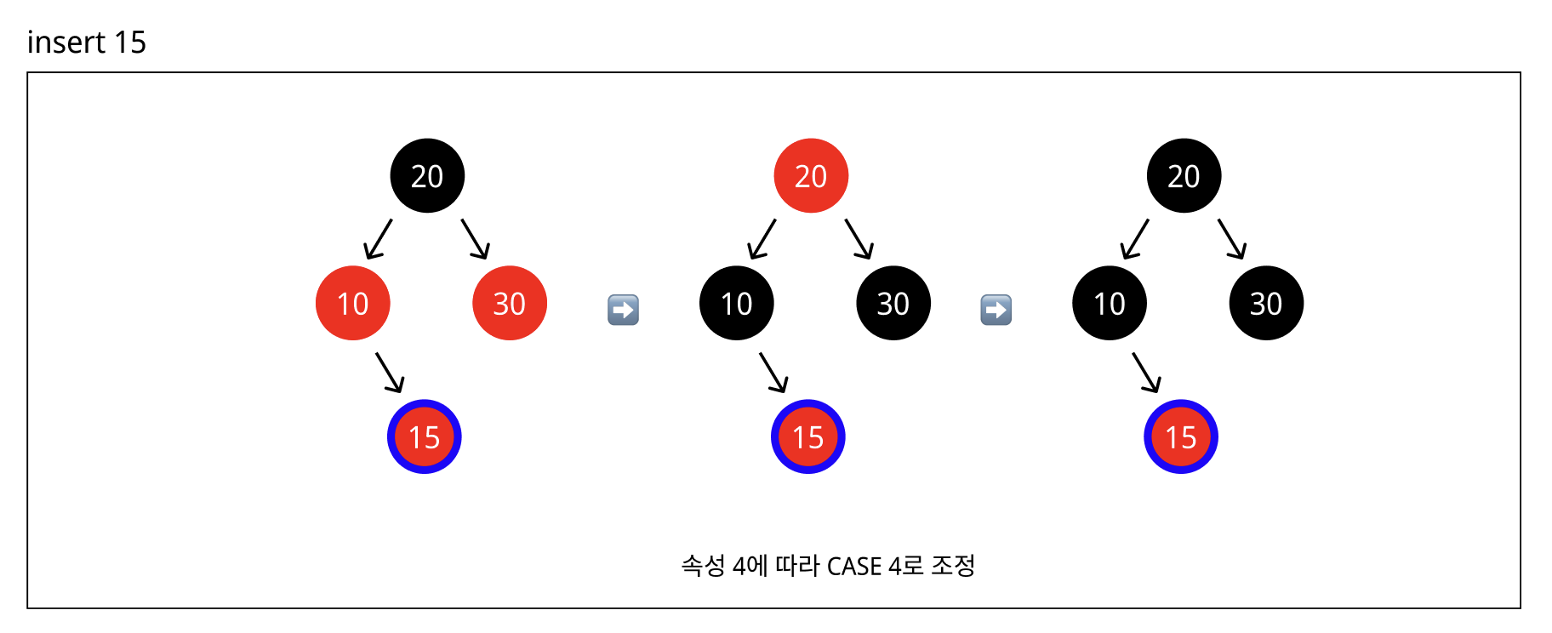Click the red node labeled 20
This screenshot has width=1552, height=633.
pos(811,175)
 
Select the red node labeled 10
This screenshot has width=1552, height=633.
pos(352,303)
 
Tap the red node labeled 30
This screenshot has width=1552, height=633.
pos(510,303)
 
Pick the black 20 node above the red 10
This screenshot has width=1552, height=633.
pos(427,175)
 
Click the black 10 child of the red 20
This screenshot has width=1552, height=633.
pos(737,303)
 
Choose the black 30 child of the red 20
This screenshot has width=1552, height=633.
pos(893,303)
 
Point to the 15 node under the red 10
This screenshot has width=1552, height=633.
pos(424,436)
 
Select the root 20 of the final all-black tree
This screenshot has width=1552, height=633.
pos(1184,175)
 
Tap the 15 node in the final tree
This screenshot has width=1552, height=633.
pos(1181,436)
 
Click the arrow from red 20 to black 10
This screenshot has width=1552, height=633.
pos(762,239)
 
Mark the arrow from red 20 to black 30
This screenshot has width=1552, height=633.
pos(859,239)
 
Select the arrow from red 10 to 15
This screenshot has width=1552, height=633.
pos(390,373)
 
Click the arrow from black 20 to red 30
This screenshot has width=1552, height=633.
pos(476,239)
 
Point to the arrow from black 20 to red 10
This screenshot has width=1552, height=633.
pos(378,239)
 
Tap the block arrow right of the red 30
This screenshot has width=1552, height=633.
pos(623,310)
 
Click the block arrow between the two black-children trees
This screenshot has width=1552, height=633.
pos(996,310)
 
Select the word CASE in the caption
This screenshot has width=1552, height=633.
pos(854,566)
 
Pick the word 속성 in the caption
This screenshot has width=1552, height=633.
pos(703,566)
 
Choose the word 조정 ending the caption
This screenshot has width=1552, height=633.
pos(953,566)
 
